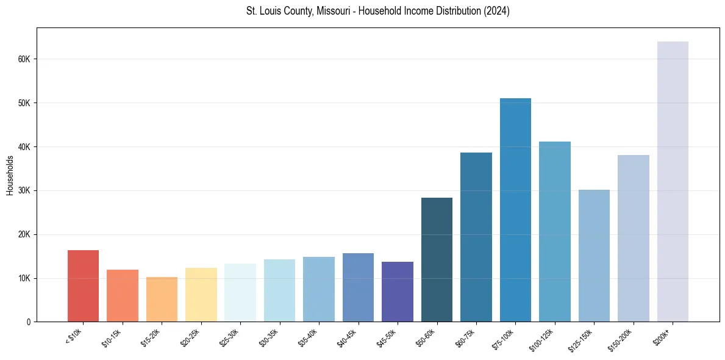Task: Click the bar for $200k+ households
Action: coord(673,183)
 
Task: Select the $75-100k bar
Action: coord(515,211)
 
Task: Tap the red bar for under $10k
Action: coord(83,287)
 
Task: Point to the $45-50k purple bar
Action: coord(398,292)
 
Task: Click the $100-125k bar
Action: coord(555,232)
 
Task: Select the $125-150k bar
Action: coord(594,256)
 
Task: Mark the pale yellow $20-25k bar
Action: coord(201,295)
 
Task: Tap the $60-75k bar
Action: coord(476,238)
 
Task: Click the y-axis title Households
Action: coord(10,175)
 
